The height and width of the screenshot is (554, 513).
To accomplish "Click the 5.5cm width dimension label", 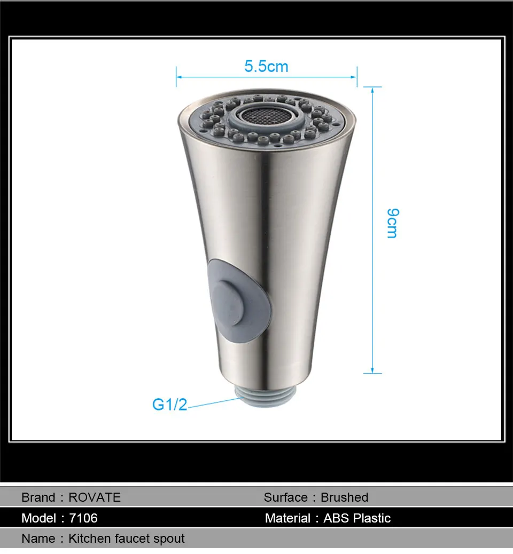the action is point(267,66).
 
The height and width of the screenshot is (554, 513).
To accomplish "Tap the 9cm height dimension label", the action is point(393,223).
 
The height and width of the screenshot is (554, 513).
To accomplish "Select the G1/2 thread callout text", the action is point(169,405).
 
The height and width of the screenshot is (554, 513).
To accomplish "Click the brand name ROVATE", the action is point(95,497).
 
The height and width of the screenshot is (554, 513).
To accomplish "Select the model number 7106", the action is point(83,518).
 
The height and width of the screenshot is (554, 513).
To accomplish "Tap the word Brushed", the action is point(344,497).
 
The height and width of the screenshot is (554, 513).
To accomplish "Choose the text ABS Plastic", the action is point(357,518).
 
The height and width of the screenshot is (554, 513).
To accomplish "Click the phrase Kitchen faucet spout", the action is point(126,539).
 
